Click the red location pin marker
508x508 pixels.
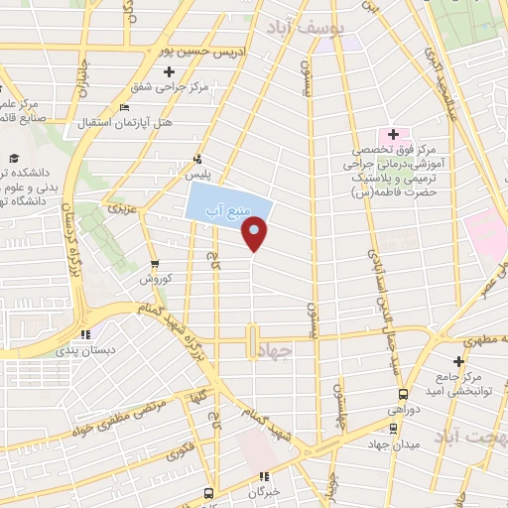click(x=255, y=233)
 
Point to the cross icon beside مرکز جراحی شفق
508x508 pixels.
click(x=170, y=71)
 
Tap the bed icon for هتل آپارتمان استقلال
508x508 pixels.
click(x=123, y=108)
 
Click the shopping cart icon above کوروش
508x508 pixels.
click(x=154, y=263)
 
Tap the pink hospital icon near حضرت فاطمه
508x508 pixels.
click(x=393, y=134)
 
